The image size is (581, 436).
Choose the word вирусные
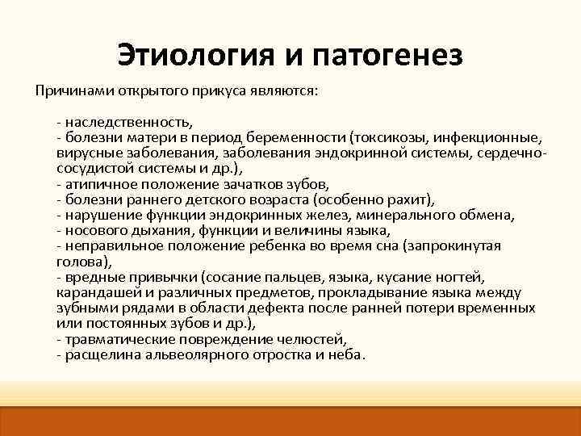point(85,152)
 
